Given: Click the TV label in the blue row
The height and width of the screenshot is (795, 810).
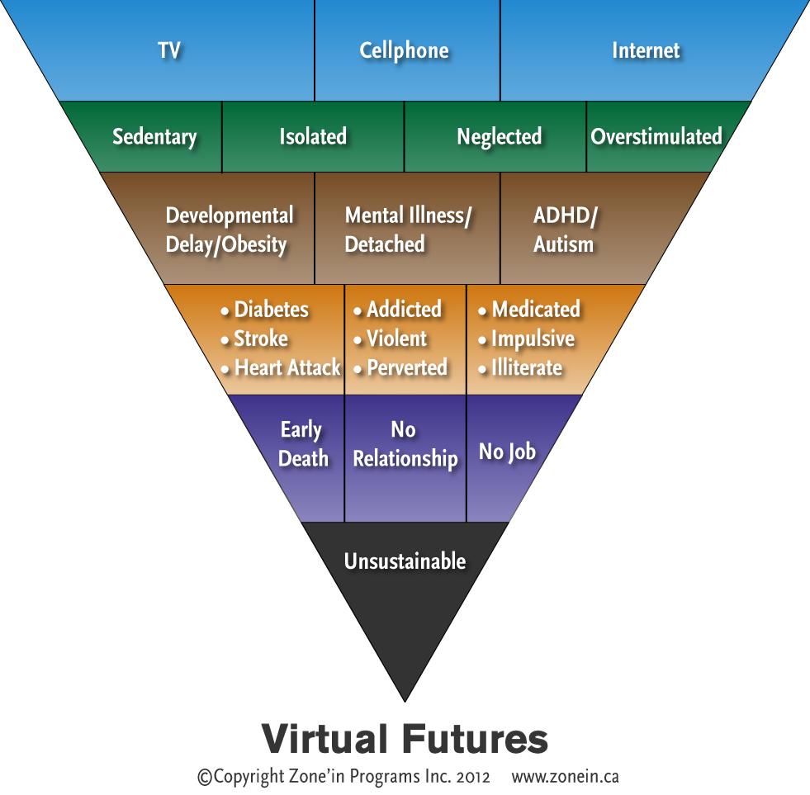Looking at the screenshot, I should point(169,50).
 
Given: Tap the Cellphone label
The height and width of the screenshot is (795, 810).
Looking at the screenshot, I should point(404,50).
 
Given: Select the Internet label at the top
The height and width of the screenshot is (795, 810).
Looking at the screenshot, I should point(646,50).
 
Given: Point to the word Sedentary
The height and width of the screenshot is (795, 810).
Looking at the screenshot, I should point(154,137).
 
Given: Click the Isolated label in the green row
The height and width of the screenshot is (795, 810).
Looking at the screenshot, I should point(313,136).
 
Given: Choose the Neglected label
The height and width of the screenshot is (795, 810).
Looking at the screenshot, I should point(499,136).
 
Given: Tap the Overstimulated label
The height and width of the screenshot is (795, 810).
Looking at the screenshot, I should point(656,136).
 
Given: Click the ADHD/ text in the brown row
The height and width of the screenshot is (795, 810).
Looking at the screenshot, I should point(566,216).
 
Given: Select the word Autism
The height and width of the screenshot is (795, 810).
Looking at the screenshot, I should point(563,244).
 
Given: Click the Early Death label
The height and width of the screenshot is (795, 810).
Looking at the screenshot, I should point(303,444).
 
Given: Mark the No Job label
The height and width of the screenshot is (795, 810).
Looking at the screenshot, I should point(507,452).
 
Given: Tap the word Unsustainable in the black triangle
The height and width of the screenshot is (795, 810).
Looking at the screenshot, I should point(405,561).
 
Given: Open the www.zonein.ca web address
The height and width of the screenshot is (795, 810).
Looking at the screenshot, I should point(565,777).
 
